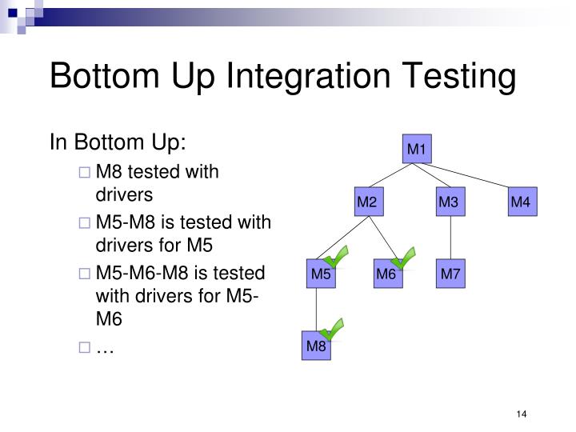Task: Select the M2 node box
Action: point(366,202)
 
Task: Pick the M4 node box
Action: point(521,202)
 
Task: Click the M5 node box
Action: point(321,274)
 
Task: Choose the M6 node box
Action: point(386,274)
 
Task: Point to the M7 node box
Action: point(451,274)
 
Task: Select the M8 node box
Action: point(316,346)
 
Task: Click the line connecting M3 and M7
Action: point(451,238)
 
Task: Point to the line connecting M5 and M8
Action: point(317,310)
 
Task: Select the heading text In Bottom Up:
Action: point(118,142)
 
